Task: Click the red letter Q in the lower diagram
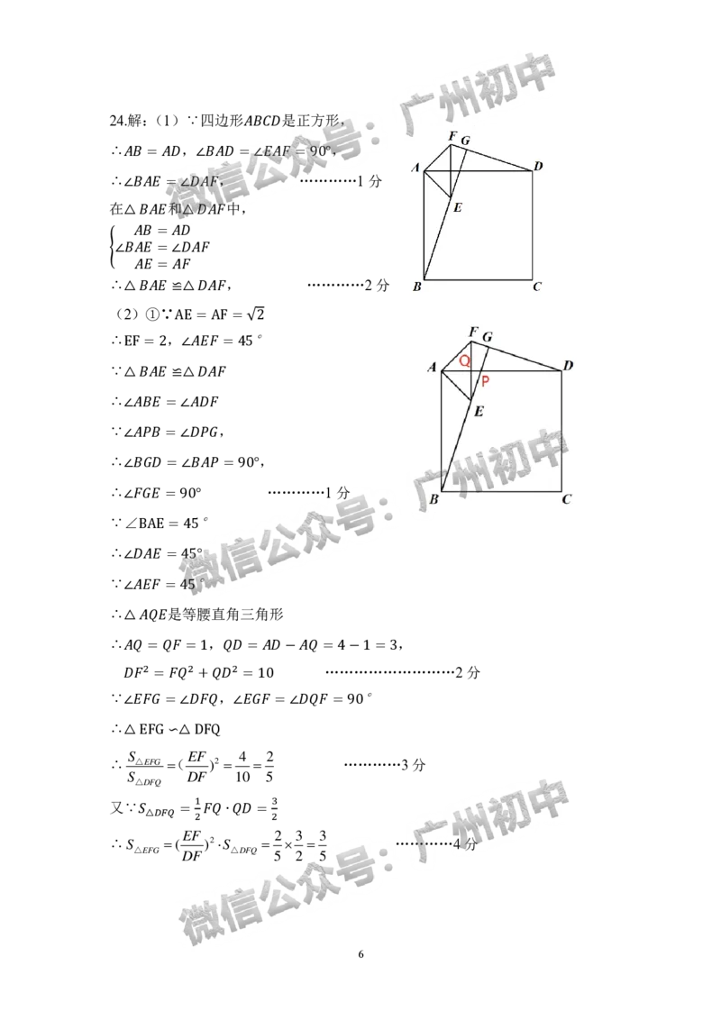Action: pos(464,360)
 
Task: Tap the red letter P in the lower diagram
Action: pos(485,382)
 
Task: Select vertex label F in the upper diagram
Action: pos(452,136)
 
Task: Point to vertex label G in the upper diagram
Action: pos(465,141)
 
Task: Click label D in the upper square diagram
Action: pos(537,166)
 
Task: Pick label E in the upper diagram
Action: pos(458,208)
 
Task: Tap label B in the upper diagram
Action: pos(416,287)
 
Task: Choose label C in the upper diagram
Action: pos(536,287)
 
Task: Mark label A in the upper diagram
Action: pos(415,168)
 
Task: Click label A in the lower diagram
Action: pos(432,366)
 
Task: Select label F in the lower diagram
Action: pos(472,332)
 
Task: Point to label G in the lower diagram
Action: pos(488,337)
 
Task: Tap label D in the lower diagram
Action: pos(568,365)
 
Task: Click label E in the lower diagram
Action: pos(479,412)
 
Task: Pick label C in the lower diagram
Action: pos(567,498)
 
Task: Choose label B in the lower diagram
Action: pos(434,498)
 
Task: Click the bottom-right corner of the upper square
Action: pos(532,279)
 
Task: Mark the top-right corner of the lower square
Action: pos(561,370)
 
